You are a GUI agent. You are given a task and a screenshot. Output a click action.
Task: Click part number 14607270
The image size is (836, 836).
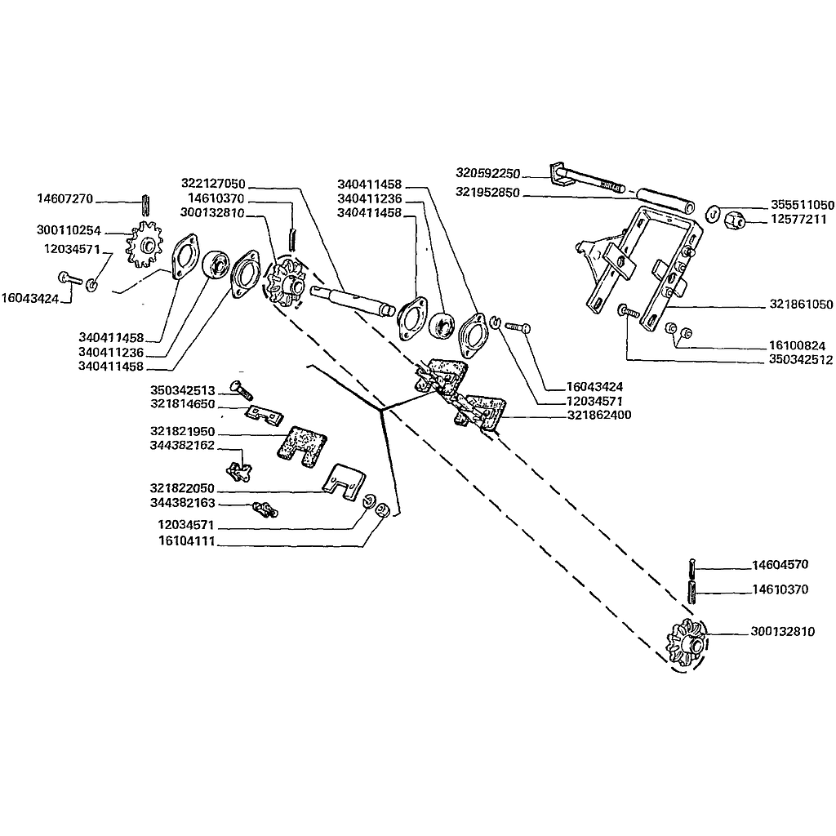[65, 199]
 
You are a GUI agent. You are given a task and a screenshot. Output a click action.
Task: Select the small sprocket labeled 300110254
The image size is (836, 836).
[144, 244]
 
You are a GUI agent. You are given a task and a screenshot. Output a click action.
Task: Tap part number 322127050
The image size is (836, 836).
[213, 184]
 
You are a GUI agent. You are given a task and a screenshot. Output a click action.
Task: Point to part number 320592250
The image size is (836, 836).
[488, 173]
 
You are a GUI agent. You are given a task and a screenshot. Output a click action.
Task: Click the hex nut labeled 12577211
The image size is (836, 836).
[736, 219]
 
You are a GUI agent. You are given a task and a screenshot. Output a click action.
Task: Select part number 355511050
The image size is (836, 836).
[803, 205]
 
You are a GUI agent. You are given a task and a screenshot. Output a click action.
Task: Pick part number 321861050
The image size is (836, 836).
[801, 304]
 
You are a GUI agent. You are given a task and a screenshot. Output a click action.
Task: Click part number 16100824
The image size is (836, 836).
[797, 345]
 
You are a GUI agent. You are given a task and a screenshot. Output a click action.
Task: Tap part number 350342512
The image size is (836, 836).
[800, 360]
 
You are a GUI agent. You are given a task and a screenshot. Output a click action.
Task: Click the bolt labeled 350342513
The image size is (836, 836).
[241, 390]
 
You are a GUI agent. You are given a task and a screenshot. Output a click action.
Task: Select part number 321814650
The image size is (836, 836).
[182, 403]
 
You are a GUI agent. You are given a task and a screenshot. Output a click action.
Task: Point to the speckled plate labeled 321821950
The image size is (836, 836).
[302, 447]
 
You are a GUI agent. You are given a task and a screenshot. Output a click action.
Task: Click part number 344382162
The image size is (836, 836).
[182, 445]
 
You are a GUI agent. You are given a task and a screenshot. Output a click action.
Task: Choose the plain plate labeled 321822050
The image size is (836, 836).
[344, 482]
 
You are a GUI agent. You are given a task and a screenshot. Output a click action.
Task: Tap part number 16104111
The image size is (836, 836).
[187, 541]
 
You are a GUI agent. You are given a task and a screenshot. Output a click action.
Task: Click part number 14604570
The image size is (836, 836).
[780, 565]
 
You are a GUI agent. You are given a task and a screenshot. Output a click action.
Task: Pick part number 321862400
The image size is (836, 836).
[599, 415]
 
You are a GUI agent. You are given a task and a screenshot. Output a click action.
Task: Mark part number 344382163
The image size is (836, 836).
[182, 503]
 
